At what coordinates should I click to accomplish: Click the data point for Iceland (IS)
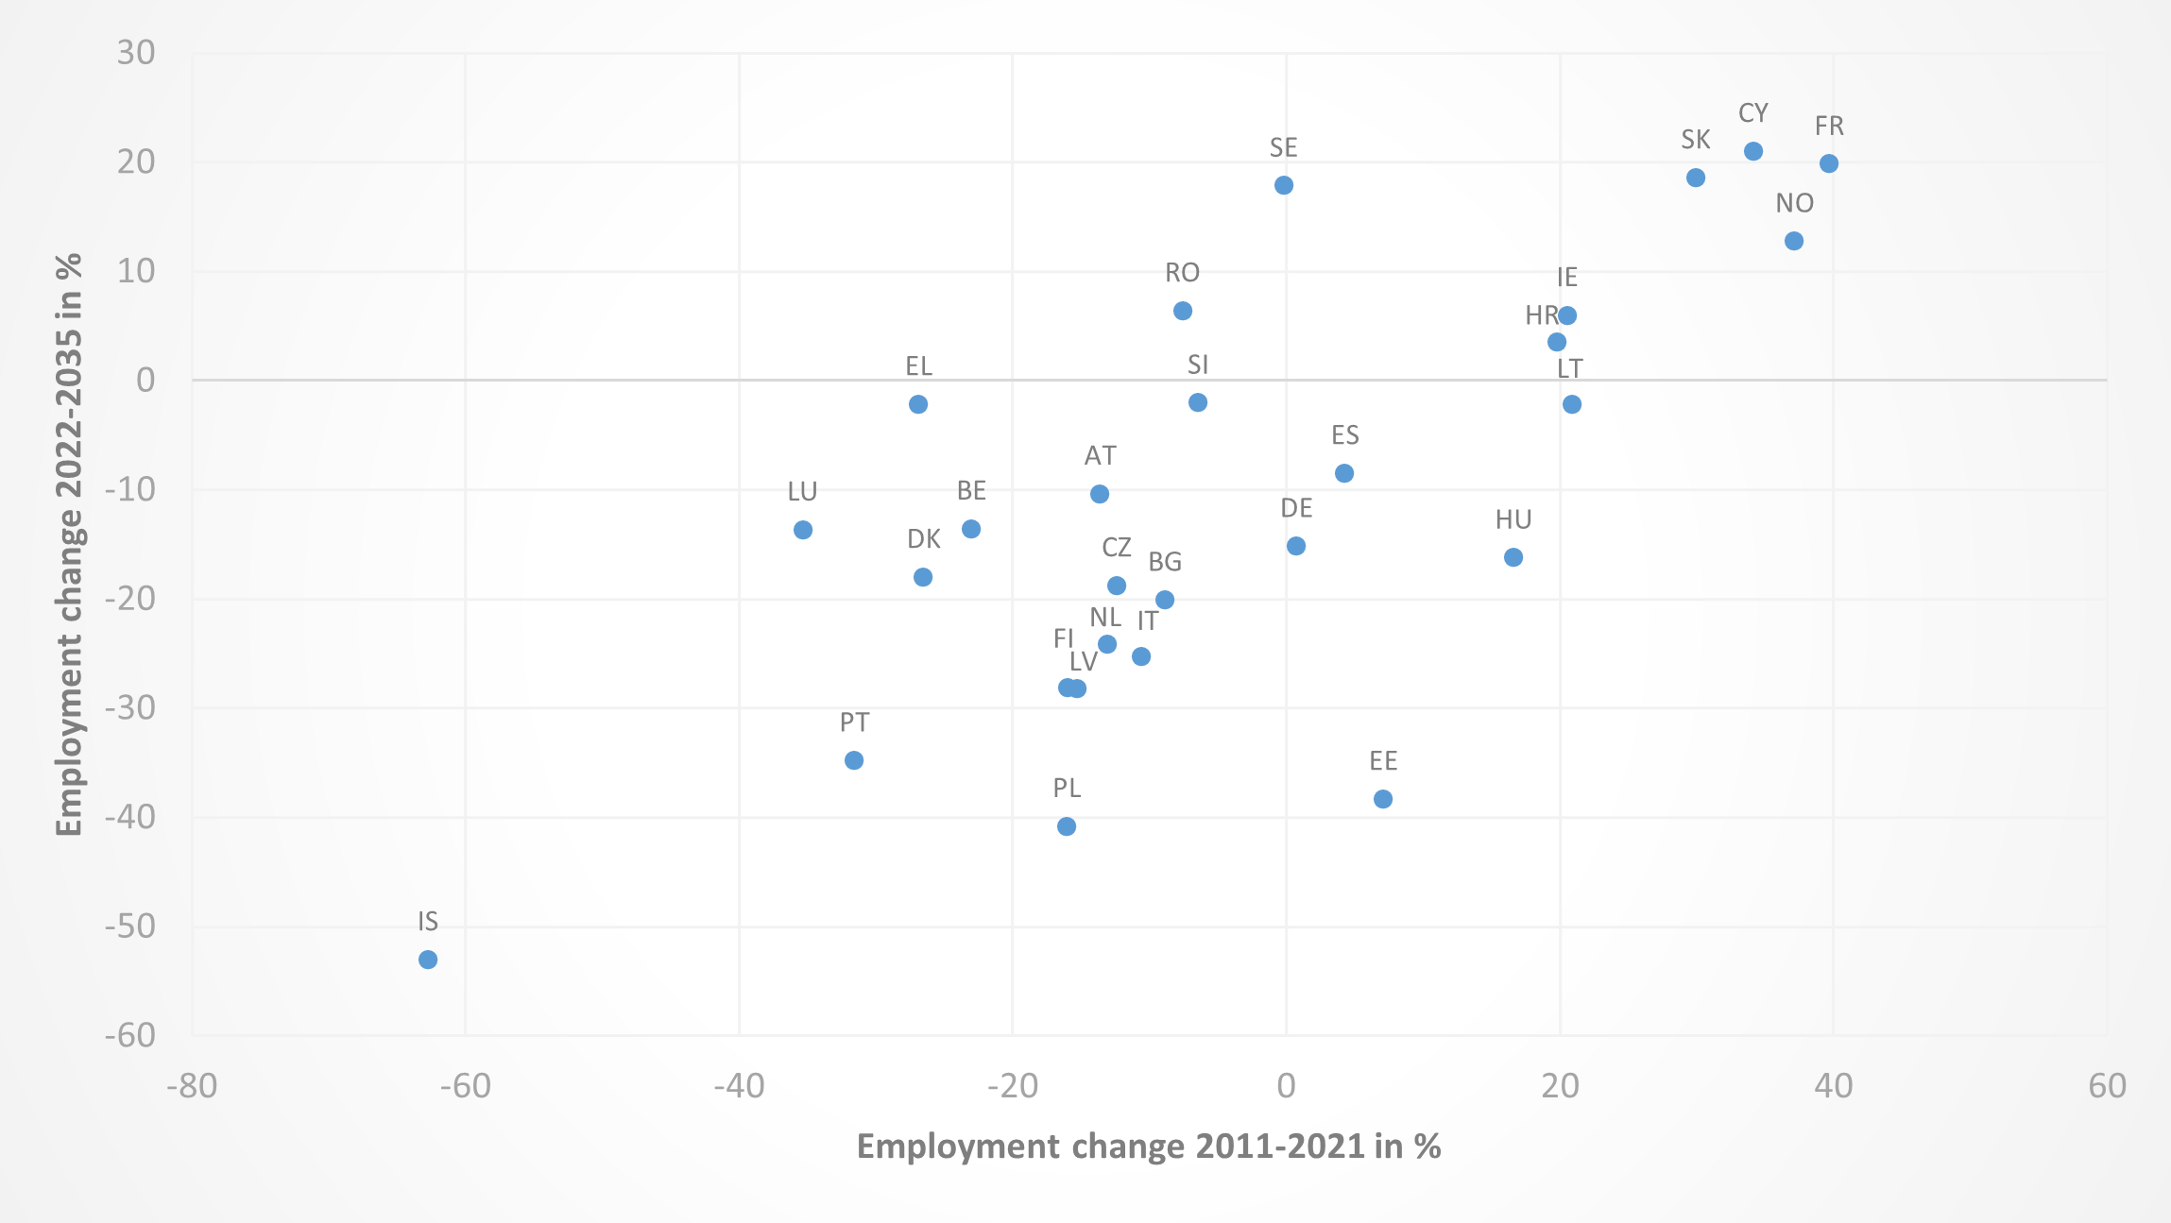pos(428,960)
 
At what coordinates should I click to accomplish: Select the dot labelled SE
pos(1284,185)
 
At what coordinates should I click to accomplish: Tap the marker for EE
pos(1383,799)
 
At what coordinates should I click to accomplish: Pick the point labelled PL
pos(1067,826)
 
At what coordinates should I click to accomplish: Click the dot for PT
pos(854,760)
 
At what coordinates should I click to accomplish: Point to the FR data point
pos(1829,163)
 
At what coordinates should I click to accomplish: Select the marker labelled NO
pos(1794,241)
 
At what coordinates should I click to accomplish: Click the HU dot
pos(1513,557)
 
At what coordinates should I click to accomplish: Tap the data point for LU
pos(803,530)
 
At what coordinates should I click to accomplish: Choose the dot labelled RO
pos(1183,311)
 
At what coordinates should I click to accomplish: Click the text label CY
pos(1753,113)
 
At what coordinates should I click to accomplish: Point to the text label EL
pos(918,366)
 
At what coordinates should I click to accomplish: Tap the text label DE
pos(1296,509)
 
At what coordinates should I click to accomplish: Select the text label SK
pos(1696,140)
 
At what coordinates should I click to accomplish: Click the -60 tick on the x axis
pos(466,1087)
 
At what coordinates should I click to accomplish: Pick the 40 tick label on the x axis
pos(1834,1087)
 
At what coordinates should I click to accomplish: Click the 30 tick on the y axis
pos(136,53)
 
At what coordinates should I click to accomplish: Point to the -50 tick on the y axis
pos(130,926)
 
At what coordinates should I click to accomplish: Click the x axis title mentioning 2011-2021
pos(1148,1147)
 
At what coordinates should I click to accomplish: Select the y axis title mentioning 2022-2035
pos(69,545)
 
